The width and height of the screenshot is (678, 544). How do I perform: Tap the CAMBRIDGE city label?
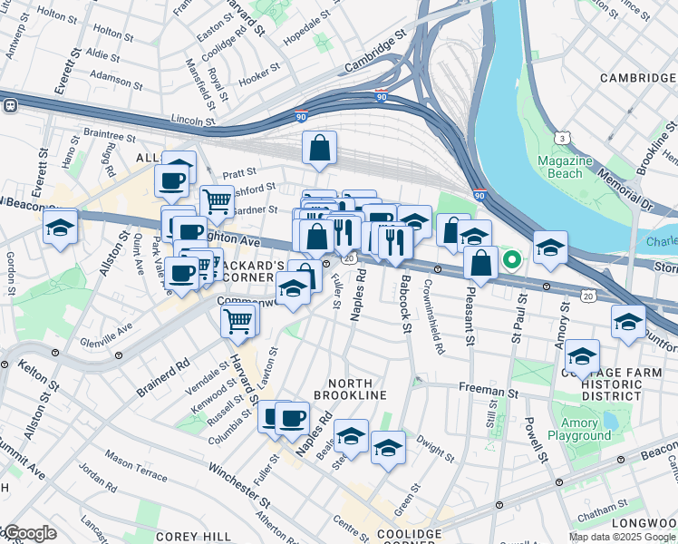(638, 78)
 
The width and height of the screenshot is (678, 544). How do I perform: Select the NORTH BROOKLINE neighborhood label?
(350, 389)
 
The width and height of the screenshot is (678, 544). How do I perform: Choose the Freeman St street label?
(488, 393)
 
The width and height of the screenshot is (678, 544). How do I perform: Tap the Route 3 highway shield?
(563, 138)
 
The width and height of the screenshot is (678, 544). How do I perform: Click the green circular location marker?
(511, 260)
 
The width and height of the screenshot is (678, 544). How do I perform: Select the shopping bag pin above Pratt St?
(319, 148)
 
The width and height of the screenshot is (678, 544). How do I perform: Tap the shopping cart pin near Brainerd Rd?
(238, 320)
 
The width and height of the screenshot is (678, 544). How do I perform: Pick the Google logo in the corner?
(29, 533)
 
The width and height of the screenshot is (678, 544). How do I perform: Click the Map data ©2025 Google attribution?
(622, 537)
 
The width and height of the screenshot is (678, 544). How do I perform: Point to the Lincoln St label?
(192, 119)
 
